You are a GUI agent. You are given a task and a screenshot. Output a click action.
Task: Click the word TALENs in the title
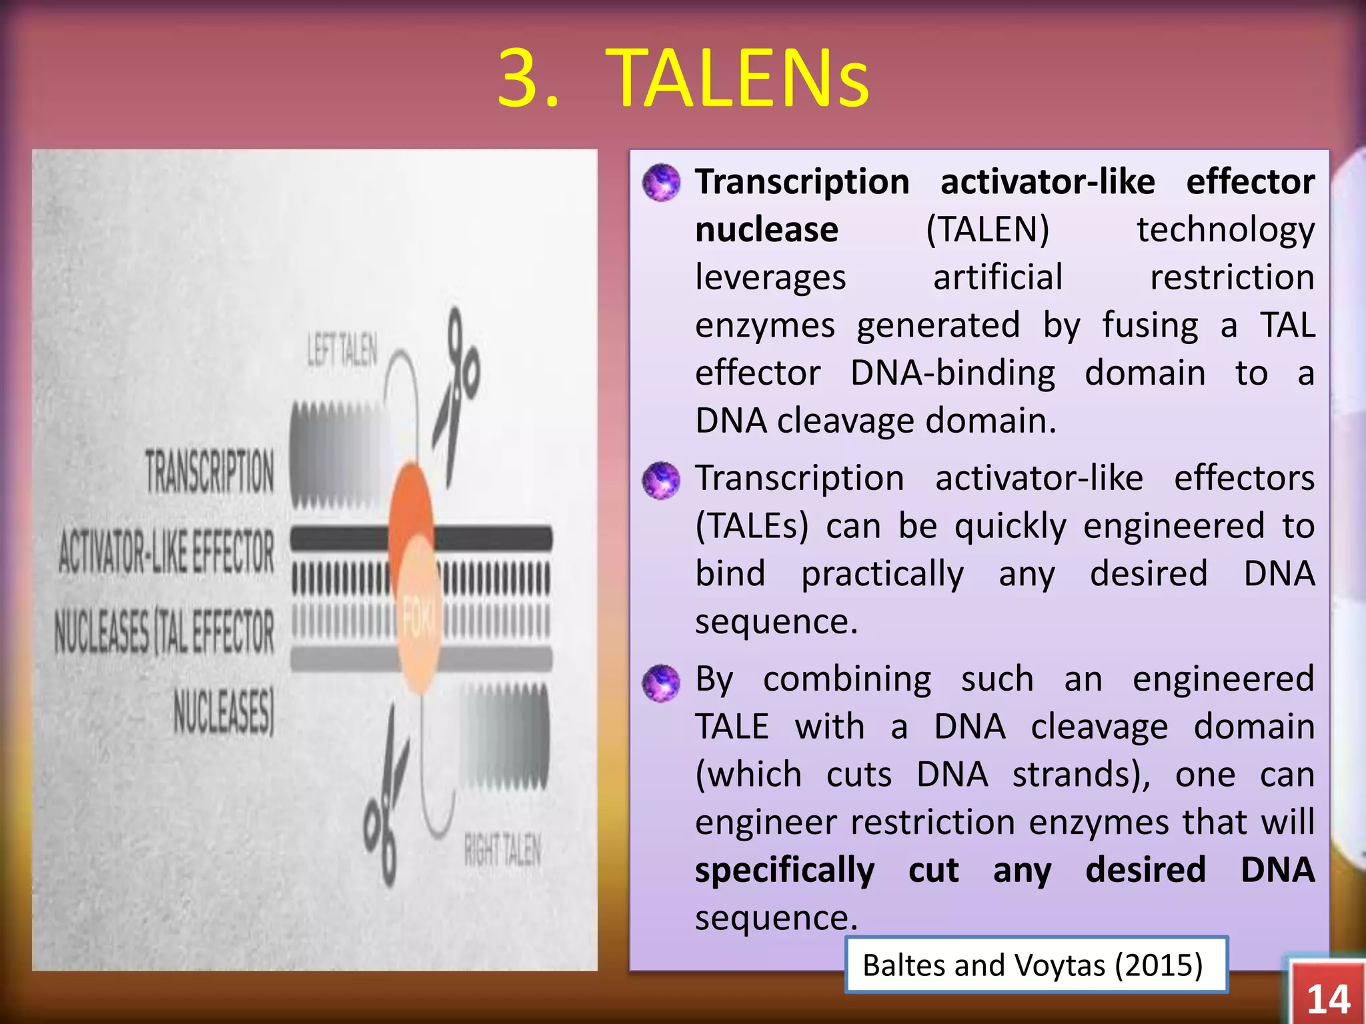pos(737,79)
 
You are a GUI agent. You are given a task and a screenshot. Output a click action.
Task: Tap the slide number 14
pos(1328,999)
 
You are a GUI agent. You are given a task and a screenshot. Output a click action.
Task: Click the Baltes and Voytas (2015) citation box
pos(1035,965)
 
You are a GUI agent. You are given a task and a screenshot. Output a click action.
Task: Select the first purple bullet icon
pos(661,182)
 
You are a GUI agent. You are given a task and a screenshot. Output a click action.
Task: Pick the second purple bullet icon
pos(661,479)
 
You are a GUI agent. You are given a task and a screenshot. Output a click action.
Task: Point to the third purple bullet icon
pos(661,681)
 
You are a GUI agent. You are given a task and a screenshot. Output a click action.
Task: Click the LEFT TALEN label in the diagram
pos(341,351)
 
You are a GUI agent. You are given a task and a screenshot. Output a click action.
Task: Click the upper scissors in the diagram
pos(456,393)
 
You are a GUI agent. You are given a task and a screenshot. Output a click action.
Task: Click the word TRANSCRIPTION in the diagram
pos(209,471)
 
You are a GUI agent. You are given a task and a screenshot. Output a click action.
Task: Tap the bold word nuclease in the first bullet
pos(766,229)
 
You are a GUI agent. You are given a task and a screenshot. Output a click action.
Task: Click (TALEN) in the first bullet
pos(987,229)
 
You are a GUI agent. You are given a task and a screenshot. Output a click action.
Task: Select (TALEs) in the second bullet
pos(751,526)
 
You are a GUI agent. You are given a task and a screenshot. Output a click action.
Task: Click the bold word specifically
pos(784,870)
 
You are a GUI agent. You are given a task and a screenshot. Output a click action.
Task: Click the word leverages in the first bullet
pos(770,277)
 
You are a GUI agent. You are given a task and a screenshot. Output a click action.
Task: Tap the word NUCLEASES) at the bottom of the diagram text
pos(224,711)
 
